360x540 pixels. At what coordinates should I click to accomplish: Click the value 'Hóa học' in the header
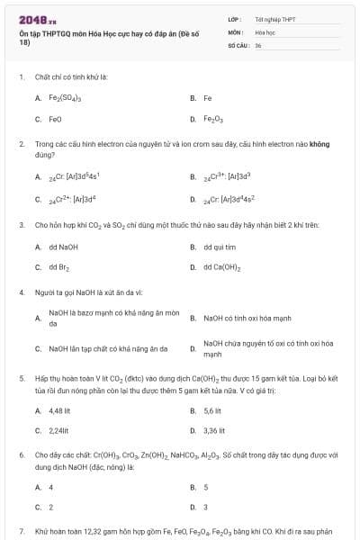[x=265, y=31]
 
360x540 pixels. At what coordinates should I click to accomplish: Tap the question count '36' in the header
[x=258, y=45]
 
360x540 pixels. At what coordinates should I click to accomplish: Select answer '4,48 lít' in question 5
[x=60, y=410]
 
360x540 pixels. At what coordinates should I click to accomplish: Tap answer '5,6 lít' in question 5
[x=213, y=410]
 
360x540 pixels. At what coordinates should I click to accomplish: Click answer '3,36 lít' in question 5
[x=215, y=431]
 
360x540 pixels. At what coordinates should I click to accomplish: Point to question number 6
[x=22, y=455]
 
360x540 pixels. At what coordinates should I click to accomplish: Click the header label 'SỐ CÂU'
[x=238, y=45]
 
